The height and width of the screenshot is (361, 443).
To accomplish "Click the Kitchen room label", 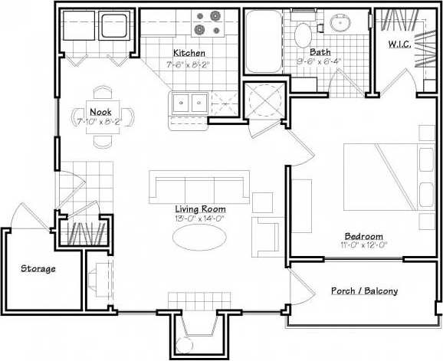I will point(189,53).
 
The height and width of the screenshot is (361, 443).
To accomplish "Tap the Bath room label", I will point(320,53).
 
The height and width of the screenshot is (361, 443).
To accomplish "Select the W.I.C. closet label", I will point(399,44).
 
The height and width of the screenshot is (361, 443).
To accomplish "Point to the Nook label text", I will point(100,112).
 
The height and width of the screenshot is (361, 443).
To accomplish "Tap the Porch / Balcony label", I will point(364,291).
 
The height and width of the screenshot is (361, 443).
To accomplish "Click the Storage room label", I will point(38,268).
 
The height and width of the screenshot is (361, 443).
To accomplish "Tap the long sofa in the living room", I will point(199,187).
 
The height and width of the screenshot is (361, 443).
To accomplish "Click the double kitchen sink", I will point(189,101).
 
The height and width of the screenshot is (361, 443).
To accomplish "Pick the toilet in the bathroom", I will point(301,31).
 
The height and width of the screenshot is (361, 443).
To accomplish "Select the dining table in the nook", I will point(102,117).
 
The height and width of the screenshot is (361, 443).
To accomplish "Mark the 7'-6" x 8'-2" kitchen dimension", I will point(189,64).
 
